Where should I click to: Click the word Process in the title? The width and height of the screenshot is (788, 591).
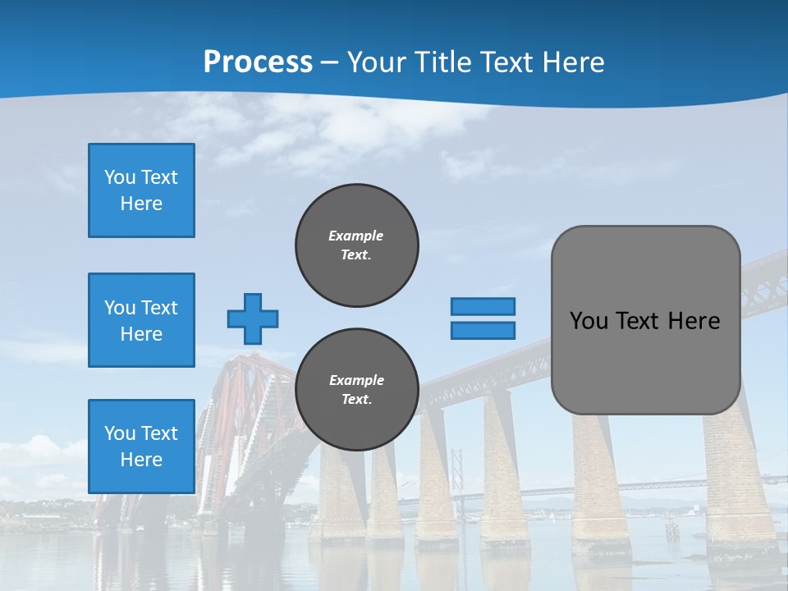[258, 62]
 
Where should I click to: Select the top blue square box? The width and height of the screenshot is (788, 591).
[141, 190]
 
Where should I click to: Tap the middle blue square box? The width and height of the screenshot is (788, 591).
[141, 320]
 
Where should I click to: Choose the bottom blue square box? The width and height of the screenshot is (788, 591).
[141, 446]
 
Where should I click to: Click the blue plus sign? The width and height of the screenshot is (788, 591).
[252, 318]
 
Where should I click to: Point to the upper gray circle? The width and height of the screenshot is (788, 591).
[356, 245]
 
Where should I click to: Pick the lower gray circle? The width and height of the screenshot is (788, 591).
[356, 390]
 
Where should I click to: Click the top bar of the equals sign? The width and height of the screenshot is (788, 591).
[483, 306]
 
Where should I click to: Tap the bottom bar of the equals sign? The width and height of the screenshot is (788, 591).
[483, 331]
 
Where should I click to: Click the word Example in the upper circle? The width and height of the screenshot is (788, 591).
[355, 236]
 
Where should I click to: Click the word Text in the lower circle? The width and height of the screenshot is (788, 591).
[355, 400]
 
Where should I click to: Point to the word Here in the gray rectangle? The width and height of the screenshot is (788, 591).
[694, 321]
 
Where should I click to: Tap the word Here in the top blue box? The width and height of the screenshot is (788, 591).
[141, 204]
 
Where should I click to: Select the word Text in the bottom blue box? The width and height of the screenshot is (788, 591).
[159, 433]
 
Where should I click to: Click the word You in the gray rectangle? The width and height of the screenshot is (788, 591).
[589, 321]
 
